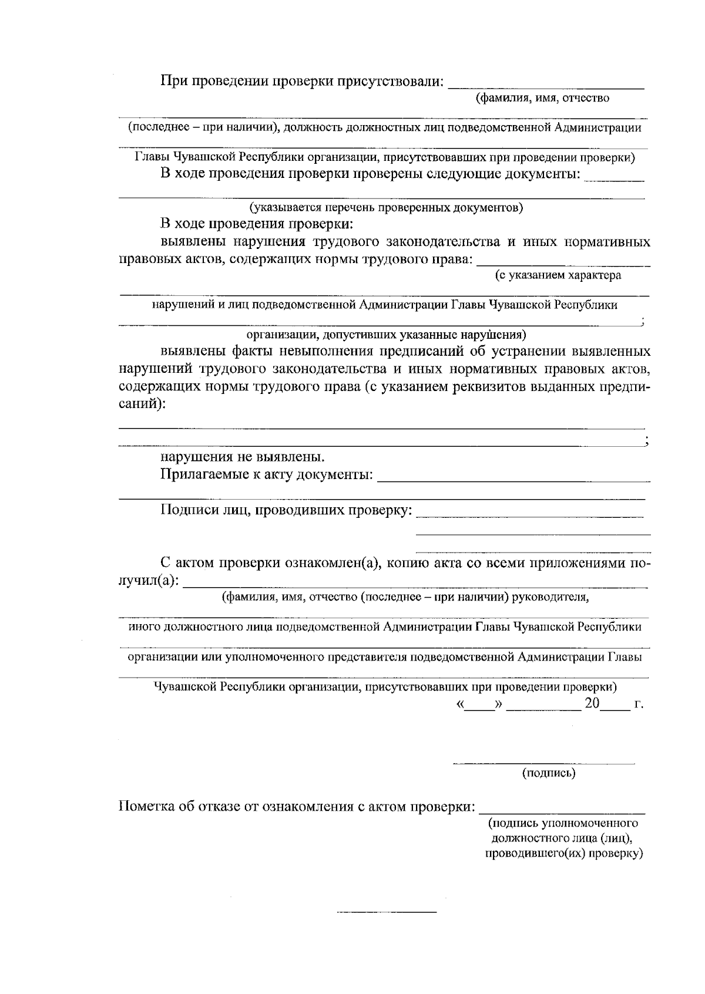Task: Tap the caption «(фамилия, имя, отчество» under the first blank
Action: pos(542,98)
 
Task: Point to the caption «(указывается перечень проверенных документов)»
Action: pos(386,207)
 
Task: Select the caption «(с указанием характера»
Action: pos(558,275)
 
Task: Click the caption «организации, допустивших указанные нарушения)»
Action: pos(385,335)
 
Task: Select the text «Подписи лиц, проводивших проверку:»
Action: pos(286,510)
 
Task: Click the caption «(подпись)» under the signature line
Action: pos(549,773)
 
